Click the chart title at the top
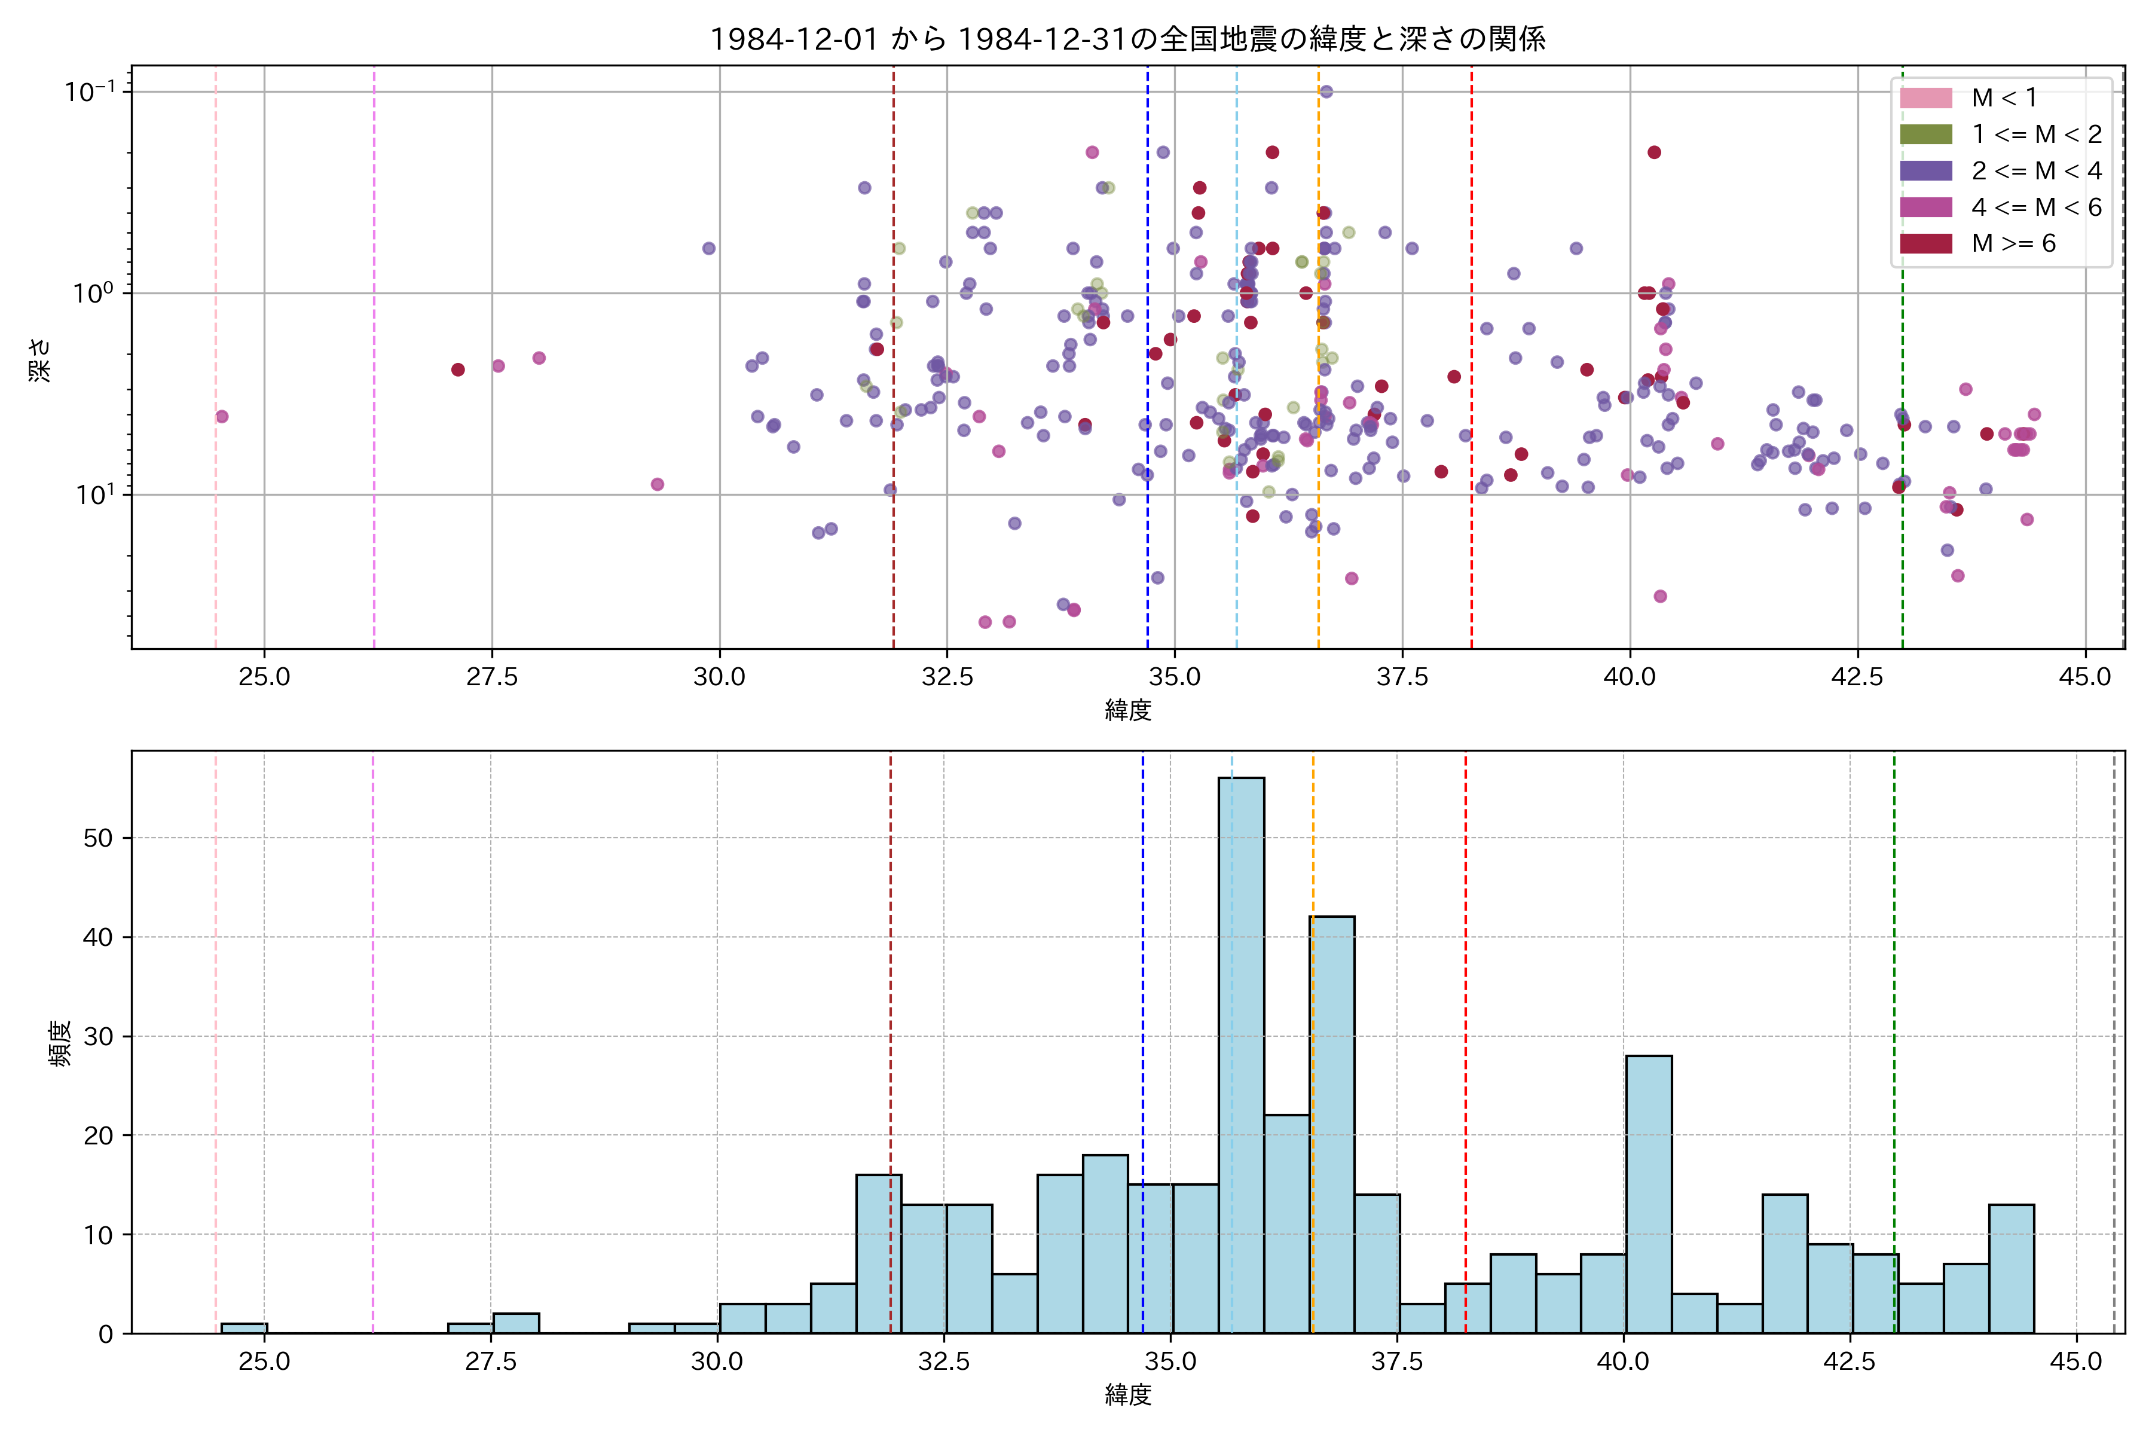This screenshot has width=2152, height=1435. [1127, 39]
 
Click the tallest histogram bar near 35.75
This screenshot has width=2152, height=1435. [1242, 1052]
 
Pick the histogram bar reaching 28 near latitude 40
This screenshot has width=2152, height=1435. [1649, 1193]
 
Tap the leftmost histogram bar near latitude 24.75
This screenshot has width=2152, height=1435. [244, 1328]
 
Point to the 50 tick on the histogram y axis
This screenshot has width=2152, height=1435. [98, 838]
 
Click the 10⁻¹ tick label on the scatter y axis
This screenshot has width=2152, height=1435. [90, 91]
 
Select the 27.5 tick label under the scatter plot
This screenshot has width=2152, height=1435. [491, 677]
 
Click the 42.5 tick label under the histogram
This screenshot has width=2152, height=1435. [1849, 1362]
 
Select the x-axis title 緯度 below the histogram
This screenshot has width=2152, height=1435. [1127, 1395]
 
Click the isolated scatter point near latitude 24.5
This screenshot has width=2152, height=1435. [221, 416]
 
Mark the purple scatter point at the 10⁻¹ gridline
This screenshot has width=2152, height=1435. [1326, 91]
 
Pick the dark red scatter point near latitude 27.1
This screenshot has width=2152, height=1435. [458, 370]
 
